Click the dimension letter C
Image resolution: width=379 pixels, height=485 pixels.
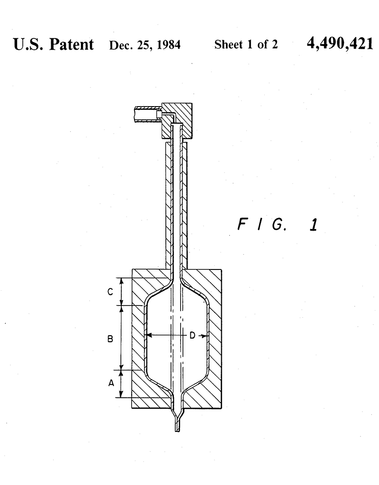pos(109,292)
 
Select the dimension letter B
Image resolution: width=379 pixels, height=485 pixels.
pos(110,339)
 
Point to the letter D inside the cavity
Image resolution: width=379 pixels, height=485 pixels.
pos(192,336)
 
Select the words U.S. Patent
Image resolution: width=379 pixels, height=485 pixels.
pos(54,45)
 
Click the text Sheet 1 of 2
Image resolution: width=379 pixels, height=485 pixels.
pos(246,45)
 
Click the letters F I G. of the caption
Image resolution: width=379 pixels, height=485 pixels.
pos(262,224)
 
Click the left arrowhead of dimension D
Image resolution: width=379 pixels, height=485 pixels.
pos(148,336)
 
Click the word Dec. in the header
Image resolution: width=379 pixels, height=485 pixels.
pos(118,45)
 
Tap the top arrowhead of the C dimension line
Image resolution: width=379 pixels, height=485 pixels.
pos(122,281)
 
